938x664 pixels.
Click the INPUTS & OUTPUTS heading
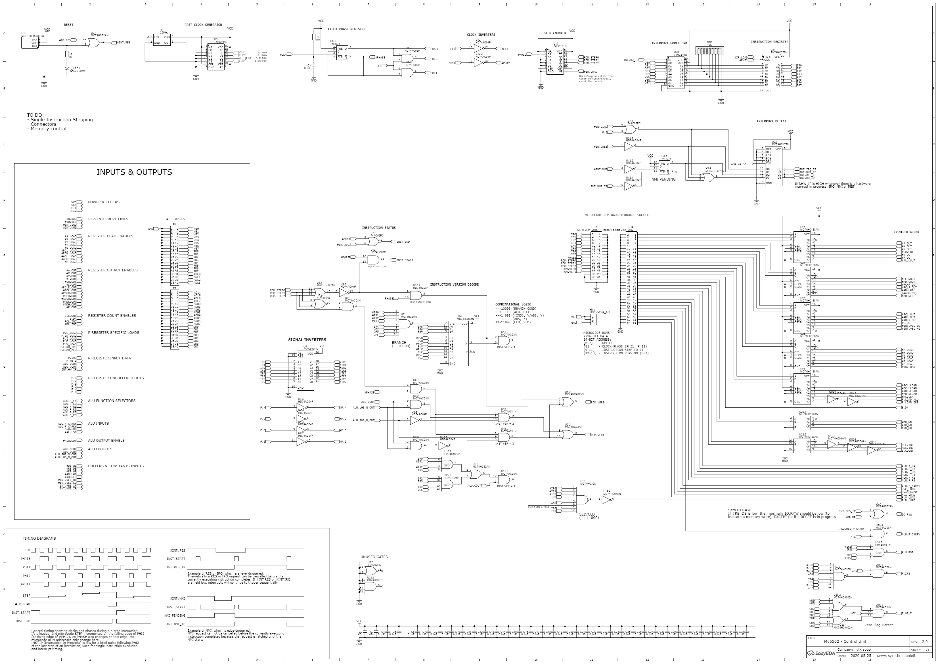[x=134, y=172]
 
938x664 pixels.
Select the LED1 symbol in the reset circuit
[x=67, y=69]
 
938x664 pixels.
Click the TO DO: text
[x=35, y=115]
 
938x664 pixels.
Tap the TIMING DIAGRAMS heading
[x=39, y=539]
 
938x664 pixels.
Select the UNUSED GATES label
[x=374, y=557]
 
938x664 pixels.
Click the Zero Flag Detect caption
[x=878, y=625]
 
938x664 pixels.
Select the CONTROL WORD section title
[x=906, y=232]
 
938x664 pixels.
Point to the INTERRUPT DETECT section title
[x=771, y=122]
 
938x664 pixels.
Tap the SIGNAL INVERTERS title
[x=307, y=340]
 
